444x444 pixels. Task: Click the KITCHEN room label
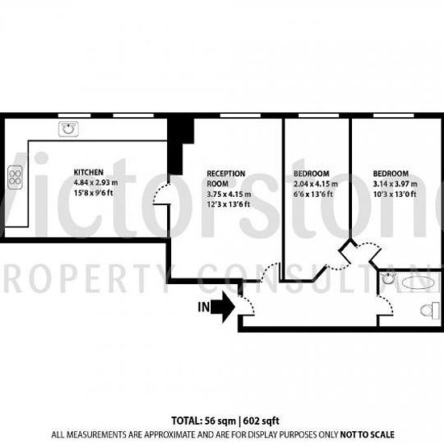(88, 172)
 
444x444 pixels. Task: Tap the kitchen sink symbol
(69, 129)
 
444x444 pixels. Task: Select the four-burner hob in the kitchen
(15, 178)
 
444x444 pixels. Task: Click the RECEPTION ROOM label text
(226, 178)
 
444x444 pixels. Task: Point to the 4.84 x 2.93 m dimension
(96, 182)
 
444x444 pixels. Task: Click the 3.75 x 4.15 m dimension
(228, 195)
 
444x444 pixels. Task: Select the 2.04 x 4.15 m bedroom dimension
(316, 184)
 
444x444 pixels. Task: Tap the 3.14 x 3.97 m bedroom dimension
(395, 184)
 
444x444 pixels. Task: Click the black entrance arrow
(223, 307)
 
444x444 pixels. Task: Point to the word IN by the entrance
(203, 308)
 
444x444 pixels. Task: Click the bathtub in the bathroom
(418, 283)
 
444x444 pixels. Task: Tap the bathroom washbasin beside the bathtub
(387, 279)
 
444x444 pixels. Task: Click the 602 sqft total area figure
(261, 421)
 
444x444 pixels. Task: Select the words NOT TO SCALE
(367, 434)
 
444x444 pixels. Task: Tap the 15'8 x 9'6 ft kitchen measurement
(93, 193)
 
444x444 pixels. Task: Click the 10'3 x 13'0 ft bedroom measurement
(395, 195)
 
